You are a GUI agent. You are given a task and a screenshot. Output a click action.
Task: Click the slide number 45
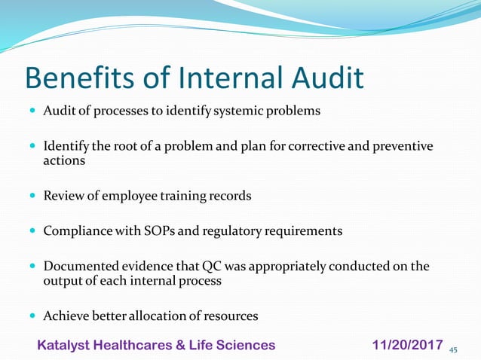453,349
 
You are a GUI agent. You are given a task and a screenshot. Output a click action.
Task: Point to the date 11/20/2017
407,345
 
